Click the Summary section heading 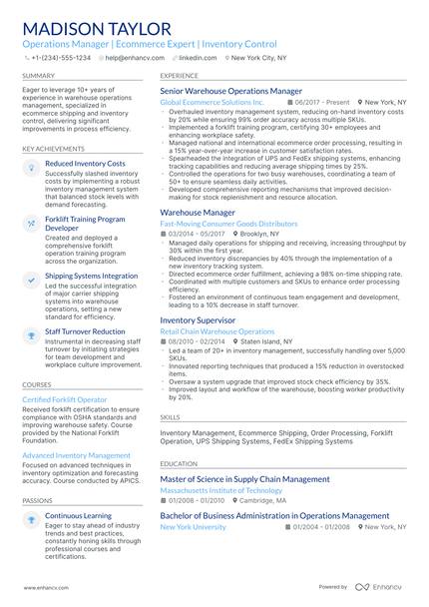point(39,75)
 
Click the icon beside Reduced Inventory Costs point(31,164)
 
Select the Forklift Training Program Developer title point(85,223)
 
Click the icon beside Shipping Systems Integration point(31,276)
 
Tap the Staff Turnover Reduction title point(85,331)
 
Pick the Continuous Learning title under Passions point(78,516)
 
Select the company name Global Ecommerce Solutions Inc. point(212,102)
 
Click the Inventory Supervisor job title point(198,319)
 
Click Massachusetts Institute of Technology point(220,490)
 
